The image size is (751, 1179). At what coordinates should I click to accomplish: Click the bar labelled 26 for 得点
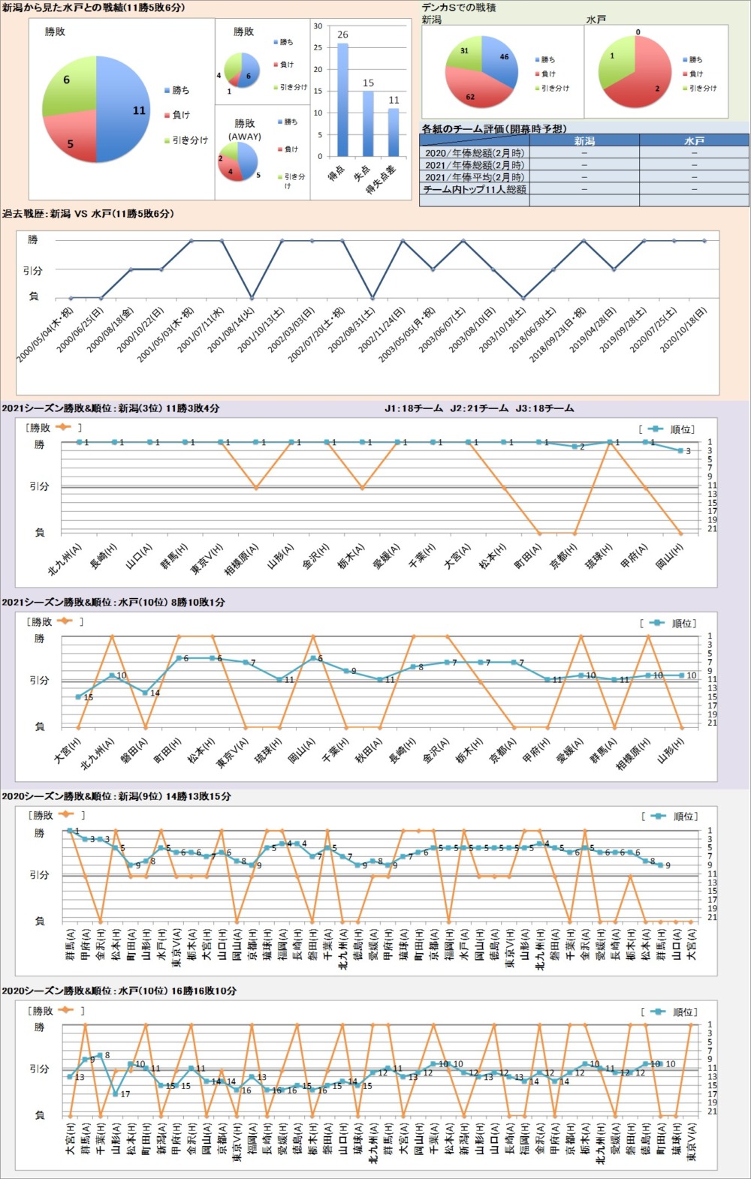click(x=342, y=100)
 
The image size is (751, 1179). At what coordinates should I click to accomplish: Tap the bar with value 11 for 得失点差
click(x=394, y=133)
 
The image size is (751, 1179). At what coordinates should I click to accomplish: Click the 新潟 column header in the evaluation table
click(x=584, y=141)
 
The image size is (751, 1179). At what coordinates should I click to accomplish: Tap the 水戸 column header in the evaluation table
click(x=694, y=141)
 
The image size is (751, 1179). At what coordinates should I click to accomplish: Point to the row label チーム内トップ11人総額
click(x=475, y=190)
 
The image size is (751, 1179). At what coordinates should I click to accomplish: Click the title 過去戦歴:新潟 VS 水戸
click(x=88, y=214)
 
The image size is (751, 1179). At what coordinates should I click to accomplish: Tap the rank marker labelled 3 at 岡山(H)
click(x=680, y=450)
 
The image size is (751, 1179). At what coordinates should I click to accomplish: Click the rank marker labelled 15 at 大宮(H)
click(x=78, y=697)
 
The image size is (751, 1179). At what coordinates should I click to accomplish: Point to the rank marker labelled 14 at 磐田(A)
click(x=145, y=693)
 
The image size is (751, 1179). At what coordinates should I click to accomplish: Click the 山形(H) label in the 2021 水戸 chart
click(x=670, y=752)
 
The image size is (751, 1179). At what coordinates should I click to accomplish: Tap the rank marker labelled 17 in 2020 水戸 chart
click(x=115, y=1093)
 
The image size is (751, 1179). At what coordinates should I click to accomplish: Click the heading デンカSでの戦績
click(x=459, y=8)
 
